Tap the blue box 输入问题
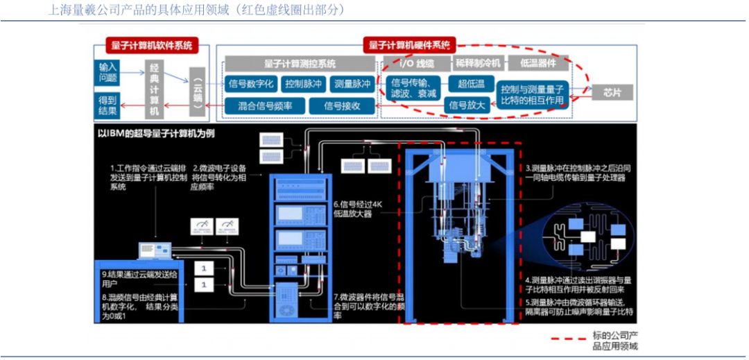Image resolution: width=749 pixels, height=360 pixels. click(108, 72)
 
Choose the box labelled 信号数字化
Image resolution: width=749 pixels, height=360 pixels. click(252, 85)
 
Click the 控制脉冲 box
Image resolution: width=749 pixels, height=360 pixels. click(304, 85)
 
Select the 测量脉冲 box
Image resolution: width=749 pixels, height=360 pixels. click(352, 85)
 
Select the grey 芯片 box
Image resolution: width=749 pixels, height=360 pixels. click(611, 92)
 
